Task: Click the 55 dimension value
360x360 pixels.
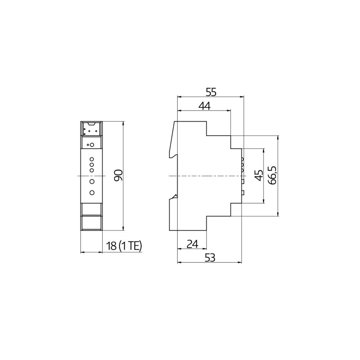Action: pyautogui.click(x=211, y=92)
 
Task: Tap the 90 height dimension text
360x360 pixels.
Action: pyautogui.click(x=119, y=175)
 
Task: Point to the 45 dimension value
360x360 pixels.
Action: pyautogui.click(x=258, y=175)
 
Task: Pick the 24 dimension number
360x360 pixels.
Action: pyautogui.click(x=193, y=244)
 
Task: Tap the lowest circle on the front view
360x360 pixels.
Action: pyautogui.click(x=92, y=193)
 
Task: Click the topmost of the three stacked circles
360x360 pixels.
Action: pyautogui.click(x=92, y=159)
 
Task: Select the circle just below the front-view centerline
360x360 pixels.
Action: pyautogui.click(x=92, y=181)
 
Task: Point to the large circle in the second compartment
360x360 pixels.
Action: pyautogui.click(x=92, y=145)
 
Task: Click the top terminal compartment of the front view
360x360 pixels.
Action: pyautogui.click(x=91, y=129)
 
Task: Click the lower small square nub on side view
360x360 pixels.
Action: pyautogui.click(x=243, y=192)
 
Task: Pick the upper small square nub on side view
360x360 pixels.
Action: pyautogui.click(x=243, y=181)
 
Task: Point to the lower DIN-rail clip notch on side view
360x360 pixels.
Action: pyautogui.click(x=175, y=196)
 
